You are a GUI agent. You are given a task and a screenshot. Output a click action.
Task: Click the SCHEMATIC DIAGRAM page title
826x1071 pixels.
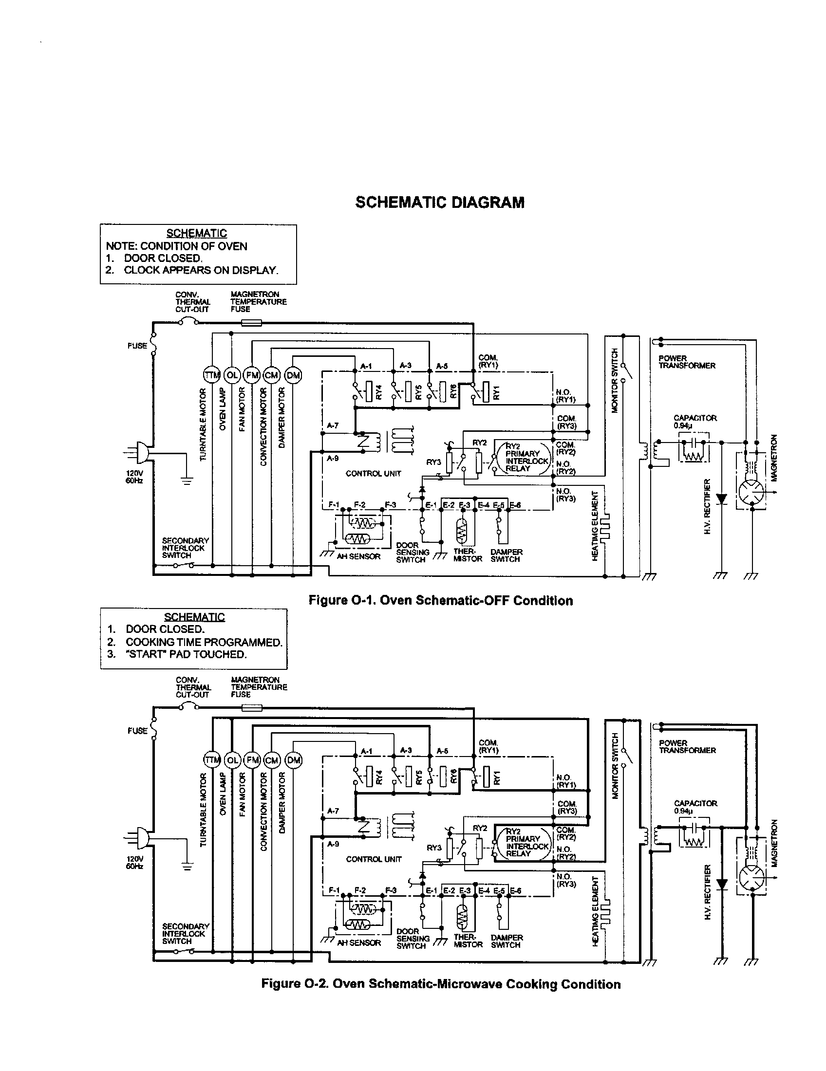(439, 203)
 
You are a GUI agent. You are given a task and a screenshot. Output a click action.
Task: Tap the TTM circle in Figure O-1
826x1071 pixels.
(212, 375)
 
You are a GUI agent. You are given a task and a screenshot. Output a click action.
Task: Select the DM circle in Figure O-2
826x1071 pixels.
(294, 760)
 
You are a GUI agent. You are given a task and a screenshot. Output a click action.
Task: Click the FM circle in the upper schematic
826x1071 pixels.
(252, 375)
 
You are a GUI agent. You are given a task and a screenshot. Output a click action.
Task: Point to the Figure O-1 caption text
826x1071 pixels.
(440, 601)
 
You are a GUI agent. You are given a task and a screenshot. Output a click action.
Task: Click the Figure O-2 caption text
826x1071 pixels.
(440, 984)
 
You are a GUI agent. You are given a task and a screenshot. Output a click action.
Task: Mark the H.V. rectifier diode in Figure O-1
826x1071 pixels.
(721, 499)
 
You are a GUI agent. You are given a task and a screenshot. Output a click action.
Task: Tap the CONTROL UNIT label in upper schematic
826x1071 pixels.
(373, 474)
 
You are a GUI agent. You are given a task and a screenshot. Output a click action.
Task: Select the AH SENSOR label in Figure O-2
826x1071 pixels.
(358, 942)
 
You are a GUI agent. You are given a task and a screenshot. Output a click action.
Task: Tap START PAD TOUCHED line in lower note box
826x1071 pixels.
(186, 654)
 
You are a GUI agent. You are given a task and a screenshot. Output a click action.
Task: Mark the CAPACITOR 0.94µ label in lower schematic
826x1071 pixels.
(695, 807)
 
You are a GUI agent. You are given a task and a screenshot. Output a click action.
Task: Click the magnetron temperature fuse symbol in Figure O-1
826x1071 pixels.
(252, 323)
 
